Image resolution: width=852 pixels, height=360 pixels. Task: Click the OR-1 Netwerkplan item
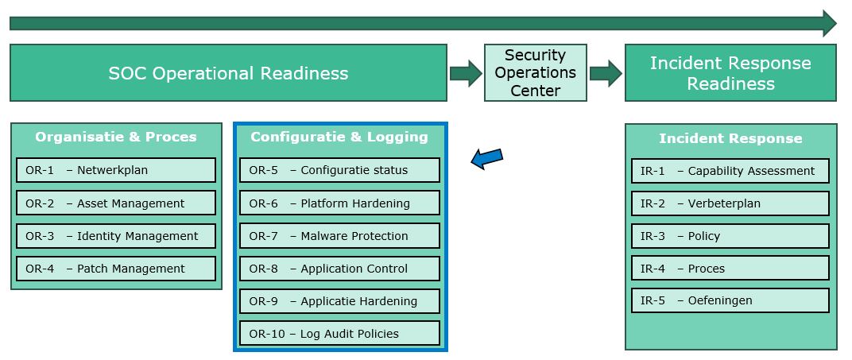pyautogui.click(x=116, y=170)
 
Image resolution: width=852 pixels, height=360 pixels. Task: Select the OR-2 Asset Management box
pyautogui.click(x=116, y=203)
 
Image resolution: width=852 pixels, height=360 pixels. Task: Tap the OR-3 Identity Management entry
pyautogui.click(x=116, y=236)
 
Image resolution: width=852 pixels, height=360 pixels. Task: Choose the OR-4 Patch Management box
pyautogui.click(x=116, y=269)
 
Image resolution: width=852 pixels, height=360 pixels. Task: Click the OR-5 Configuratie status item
pyautogui.click(x=339, y=170)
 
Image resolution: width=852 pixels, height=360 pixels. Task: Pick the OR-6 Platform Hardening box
pyautogui.click(x=339, y=203)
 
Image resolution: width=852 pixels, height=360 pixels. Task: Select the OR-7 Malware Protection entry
pyautogui.click(x=339, y=236)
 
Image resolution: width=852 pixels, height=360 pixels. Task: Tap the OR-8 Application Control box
pyautogui.click(x=339, y=269)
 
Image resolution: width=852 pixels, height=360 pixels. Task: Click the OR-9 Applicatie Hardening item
pyautogui.click(x=339, y=301)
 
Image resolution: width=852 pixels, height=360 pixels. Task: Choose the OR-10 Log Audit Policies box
pyautogui.click(x=339, y=334)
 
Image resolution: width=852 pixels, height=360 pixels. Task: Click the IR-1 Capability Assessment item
pyautogui.click(x=730, y=171)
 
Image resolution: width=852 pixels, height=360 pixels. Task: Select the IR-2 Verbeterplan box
pyautogui.click(x=730, y=203)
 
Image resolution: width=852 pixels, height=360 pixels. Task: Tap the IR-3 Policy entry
pyautogui.click(x=730, y=236)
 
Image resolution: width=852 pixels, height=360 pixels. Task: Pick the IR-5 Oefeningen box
pyautogui.click(x=730, y=300)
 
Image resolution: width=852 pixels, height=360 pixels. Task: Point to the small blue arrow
pyautogui.click(x=487, y=158)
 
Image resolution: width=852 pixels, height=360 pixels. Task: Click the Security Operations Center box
pyautogui.click(x=536, y=72)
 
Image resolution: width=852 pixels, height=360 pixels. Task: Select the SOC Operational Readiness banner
pyautogui.click(x=228, y=73)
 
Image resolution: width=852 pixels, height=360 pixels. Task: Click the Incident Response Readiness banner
pyautogui.click(x=730, y=73)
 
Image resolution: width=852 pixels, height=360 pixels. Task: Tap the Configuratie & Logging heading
pyautogui.click(x=339, y=137)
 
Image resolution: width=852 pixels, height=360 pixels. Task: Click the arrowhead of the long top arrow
pyautogui.click(x=830, y=23)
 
